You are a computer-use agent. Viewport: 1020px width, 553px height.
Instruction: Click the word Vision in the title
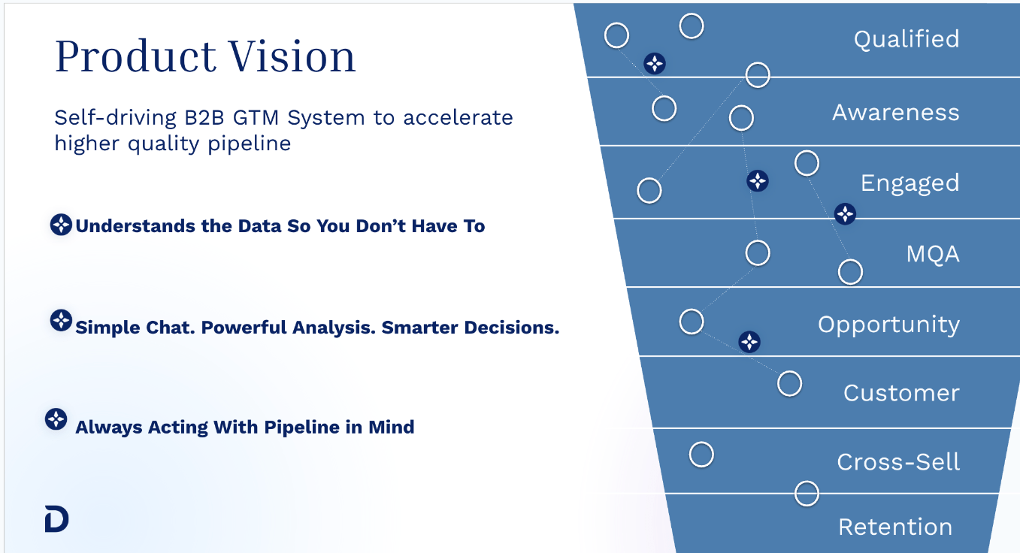[x=292, y=56]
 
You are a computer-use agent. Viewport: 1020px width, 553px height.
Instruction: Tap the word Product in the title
[x=136, y=56]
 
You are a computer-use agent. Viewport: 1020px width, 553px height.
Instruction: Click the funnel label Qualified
[x=906, y=39]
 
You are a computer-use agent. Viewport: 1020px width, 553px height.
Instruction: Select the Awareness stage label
[x=896, y=113]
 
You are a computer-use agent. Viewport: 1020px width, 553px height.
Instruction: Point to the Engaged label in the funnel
[x=910, y=184]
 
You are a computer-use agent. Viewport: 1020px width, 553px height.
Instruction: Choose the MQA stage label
[x=933, y=254]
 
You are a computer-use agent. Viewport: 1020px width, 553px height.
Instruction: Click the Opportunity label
[x=888, y=325]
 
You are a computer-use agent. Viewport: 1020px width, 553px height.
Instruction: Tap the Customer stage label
[x=901, y=393]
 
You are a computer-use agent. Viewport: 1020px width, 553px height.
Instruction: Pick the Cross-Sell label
[x=898, y=462]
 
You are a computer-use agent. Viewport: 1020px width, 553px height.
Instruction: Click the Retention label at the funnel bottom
[x=895, y=527]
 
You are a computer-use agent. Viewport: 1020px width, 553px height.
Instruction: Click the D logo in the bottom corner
[x=57, y=518]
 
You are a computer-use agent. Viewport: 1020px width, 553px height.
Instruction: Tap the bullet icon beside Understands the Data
[x=61, y=225]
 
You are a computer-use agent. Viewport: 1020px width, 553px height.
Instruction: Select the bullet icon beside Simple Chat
[x=61, y=321]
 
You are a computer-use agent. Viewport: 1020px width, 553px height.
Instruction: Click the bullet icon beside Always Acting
[x=56, y=419]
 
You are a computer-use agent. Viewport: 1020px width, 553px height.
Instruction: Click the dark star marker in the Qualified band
[x=655, y=64]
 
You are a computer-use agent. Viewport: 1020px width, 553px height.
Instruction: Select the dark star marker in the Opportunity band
[x=749, y=342]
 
